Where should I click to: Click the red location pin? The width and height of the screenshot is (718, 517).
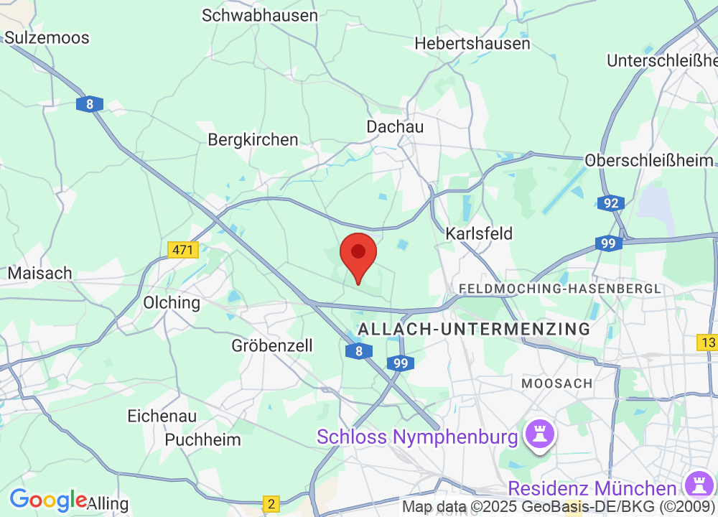[358, 256]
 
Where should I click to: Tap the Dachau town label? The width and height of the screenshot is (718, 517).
[395, 126]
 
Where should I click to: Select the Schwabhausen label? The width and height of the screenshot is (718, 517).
[260, 15]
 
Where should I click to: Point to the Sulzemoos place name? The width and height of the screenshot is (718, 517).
[47, 37]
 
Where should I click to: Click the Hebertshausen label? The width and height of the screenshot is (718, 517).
[472, 43]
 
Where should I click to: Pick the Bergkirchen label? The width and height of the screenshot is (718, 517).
[253, 139]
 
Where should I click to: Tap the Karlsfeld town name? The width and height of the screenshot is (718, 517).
[479, 233]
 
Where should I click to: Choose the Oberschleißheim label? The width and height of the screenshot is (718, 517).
[650, 160]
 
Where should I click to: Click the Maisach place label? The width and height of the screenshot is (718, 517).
[40, 274]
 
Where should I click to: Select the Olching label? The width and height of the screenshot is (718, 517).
[172, 302]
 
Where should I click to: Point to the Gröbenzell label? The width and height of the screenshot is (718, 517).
[272, 345]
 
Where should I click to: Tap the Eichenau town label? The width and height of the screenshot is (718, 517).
[162, 416]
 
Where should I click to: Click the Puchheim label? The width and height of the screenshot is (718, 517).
[203, 439]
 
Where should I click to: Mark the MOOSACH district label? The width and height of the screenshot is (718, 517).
[557, 383]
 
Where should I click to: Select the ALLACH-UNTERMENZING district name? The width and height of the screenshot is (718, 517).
[474, 329]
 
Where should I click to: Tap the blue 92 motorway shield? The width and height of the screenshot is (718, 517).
[611, 203]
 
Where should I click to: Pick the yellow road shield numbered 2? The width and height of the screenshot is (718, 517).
[271, 504]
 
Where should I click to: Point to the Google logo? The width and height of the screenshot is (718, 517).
[48, 500]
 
